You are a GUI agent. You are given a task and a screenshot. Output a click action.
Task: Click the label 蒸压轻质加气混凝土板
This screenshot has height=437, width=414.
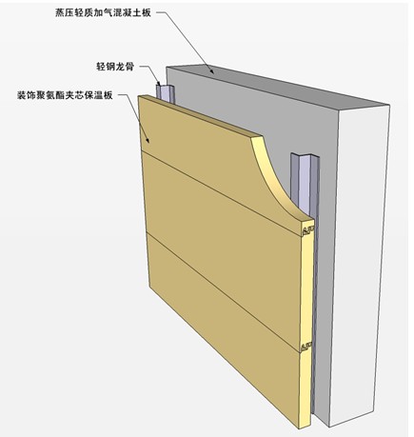click(x=103, y=12)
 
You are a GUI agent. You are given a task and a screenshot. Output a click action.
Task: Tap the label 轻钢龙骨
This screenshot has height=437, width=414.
click(x=115, y=67)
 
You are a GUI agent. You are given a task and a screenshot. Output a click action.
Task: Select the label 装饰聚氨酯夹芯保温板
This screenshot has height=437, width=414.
click(x=65, y=95)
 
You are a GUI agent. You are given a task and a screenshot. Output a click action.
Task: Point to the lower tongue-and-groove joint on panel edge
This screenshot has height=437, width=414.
click(x=306, y=347)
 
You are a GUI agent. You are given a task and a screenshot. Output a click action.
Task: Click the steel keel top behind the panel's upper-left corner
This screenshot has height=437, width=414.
click(x=166, y=92)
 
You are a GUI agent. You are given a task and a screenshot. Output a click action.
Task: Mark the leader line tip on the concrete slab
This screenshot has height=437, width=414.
click(x=213, y=72)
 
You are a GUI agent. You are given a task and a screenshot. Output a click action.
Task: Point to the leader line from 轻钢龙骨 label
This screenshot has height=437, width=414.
click(x=151, y=73)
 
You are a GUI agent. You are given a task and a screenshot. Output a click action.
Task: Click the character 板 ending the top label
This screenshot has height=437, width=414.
click(x=147, y=12)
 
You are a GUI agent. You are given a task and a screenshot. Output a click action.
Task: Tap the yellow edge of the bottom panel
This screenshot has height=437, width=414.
click(x=305, y=388)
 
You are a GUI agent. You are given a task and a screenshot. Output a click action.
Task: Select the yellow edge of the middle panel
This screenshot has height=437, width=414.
click(x=307, y=288)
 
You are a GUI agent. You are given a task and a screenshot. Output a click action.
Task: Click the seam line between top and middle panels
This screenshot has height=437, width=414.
click(x=221, y=192)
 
